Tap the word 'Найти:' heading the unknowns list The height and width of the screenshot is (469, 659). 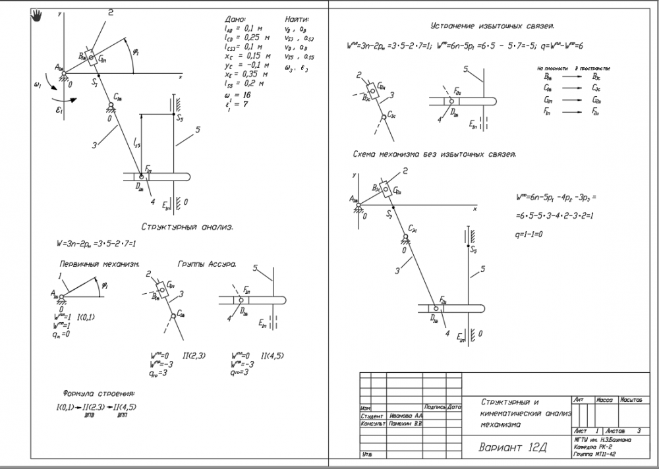[x=297, y=20]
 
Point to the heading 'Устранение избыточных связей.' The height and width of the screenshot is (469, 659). [x=492, y=26]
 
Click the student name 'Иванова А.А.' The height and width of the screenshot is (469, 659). [x=406, y=416]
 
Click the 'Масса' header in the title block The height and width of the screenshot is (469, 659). [x=605, y=400]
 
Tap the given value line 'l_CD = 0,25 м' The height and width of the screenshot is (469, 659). [x=247, y=38]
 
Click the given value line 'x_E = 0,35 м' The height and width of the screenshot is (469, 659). [x=246, y=74]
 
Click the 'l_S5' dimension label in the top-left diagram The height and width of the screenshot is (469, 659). [x=136, y=142]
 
